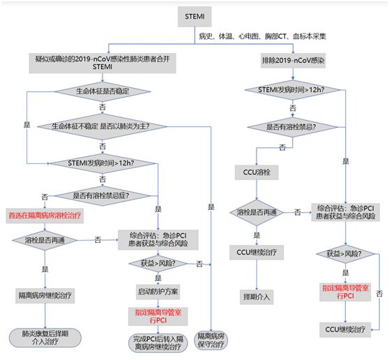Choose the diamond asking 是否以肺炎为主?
102,126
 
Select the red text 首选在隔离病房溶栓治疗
45,216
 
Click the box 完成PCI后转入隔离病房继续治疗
158,343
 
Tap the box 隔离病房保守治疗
211,339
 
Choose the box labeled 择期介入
257,296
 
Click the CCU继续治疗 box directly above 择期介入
257,252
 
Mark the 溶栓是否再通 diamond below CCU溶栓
257,211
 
